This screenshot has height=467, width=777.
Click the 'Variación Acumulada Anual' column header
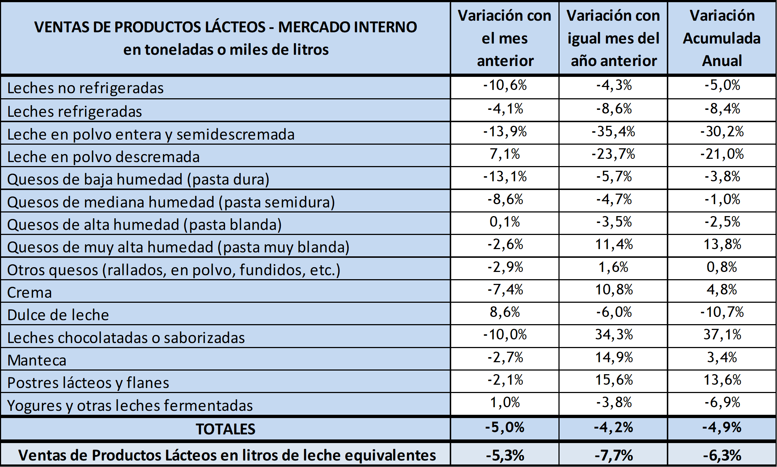[722, 38]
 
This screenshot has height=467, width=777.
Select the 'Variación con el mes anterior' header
[504, 38]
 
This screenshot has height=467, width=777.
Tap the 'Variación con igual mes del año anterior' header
[613, 38]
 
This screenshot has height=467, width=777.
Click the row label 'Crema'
[30, 293]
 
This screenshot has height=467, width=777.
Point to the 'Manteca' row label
[37, 360]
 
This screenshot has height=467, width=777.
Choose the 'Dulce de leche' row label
[58, 315]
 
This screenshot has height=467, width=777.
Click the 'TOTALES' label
[225, 429]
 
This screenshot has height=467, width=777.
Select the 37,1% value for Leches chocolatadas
[722, 334]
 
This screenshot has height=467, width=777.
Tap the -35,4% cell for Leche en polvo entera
[613, 131]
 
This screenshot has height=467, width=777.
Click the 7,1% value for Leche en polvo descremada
[504, 154]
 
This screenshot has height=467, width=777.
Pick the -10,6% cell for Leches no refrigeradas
[504, 85]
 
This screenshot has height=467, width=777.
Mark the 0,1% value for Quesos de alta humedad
[504, 222]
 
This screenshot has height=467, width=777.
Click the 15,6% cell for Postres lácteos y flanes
[614, 380]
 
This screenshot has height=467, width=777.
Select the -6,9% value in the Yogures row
[722, 402]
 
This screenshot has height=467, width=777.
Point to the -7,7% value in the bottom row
[613, 455]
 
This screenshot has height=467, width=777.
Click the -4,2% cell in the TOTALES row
[613, 427]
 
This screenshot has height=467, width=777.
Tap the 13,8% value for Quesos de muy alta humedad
[722, 244]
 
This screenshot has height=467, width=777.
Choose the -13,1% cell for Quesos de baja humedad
[504, 177]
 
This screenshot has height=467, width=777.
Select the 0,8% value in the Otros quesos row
[722, 267]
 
